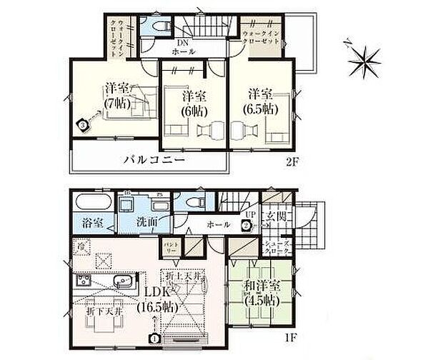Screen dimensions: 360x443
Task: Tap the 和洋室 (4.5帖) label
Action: click(x=257, y=293)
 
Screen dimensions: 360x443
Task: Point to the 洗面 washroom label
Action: click(x=149, y=222)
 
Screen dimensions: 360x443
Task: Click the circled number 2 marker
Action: click(x=245, y=226)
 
